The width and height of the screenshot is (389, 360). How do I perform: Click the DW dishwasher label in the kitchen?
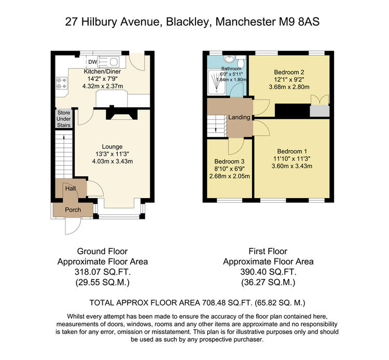[92, 62]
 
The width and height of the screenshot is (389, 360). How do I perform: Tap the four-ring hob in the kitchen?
[62, 83]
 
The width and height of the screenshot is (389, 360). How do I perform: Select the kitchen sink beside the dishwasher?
[109, 62]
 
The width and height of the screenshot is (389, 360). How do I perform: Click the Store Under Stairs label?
[64, 119]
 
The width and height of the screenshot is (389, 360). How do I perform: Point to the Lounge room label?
[112, 147]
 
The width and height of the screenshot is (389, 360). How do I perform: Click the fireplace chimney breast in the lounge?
[122, 113]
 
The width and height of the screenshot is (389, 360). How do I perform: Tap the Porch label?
[73, 210]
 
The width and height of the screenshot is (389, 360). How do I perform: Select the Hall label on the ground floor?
[71, 189]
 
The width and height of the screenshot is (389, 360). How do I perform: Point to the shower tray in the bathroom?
[217, 82]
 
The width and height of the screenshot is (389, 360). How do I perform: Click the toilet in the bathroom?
[241, 62]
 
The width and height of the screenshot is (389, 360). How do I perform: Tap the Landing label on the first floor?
[239, 117]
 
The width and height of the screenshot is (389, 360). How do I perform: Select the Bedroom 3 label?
[229, 161]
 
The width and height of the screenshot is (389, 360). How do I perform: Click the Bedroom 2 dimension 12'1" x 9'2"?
[289, 80]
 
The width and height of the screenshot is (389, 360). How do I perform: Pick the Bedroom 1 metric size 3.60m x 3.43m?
[292, 166]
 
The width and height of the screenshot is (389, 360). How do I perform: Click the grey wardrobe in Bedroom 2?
[320, 110]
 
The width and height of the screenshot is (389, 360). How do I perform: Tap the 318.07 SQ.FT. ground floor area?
[103, 272]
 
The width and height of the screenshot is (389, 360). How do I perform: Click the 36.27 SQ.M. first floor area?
[268, 282]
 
